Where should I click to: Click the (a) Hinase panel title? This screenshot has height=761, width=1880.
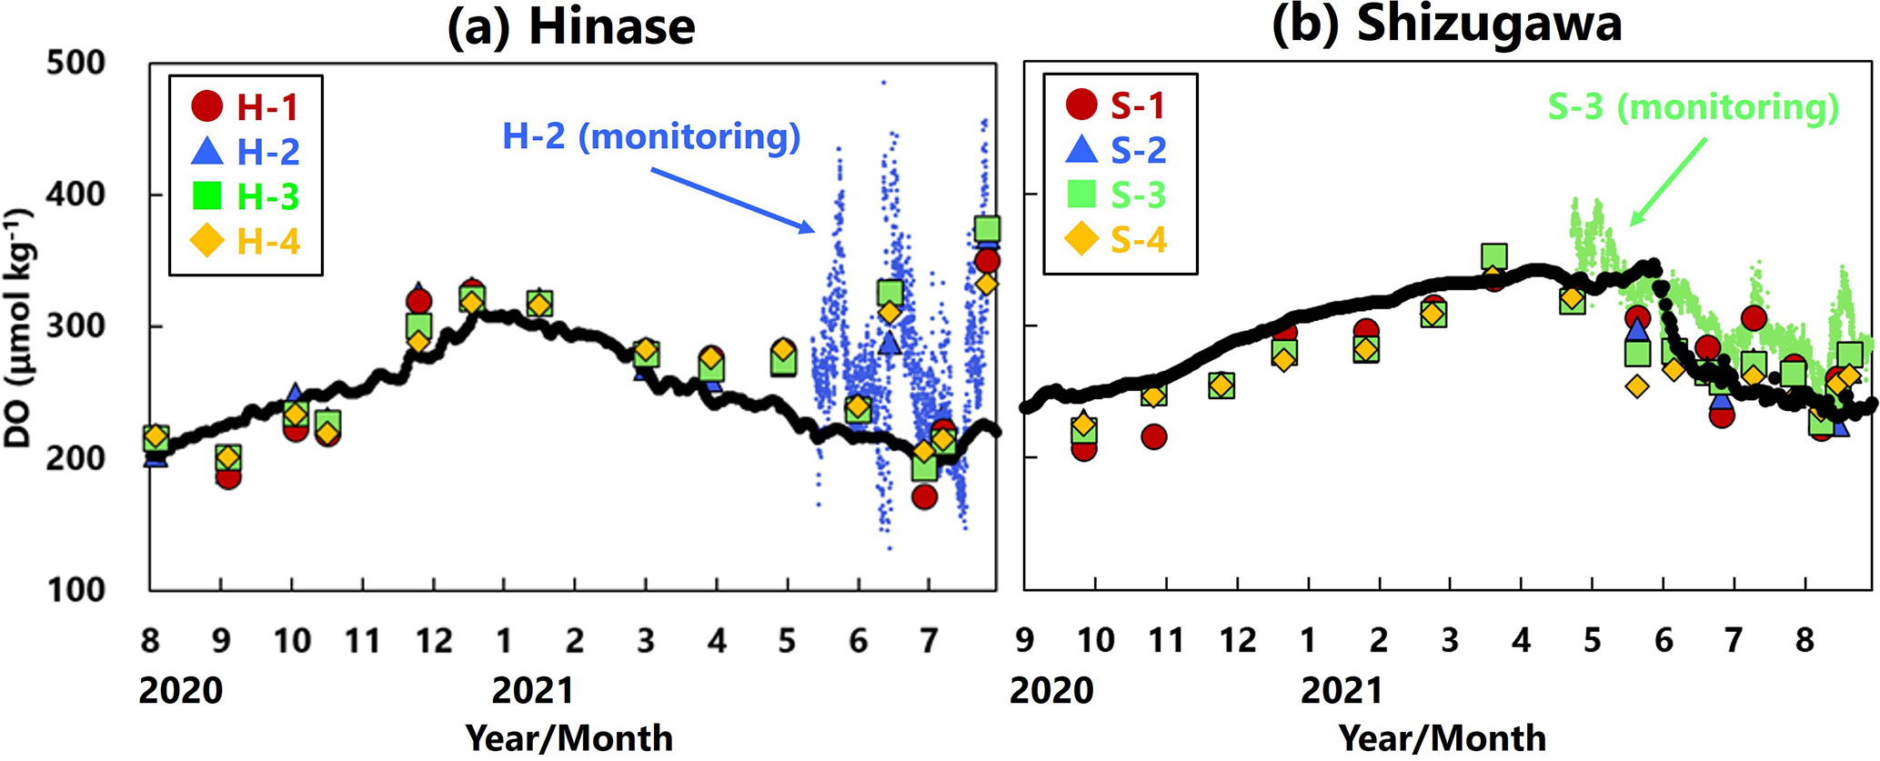coord(571,25)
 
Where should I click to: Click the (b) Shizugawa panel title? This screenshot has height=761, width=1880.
coord(1446,24)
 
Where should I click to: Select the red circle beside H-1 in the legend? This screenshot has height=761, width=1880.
coord(207,106)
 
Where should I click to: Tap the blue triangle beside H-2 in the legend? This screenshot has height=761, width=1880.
coord(207,151)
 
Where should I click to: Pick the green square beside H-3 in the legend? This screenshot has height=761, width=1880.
coord(207,195)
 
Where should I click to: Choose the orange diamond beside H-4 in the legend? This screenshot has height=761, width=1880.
coord(207,241)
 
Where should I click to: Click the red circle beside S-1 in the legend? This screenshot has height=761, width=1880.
coord(1081,105)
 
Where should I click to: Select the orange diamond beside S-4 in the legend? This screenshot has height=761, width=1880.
coord(1081,239)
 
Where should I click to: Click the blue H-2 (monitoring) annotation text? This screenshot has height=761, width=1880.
coord(651,136)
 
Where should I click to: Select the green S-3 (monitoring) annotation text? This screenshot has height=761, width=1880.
coord(1694,107)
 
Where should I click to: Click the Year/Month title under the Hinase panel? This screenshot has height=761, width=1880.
coord(569,737)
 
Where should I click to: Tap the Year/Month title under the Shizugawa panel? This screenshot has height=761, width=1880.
coord(1443,737)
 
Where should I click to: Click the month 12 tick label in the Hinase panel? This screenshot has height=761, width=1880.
coord(434,641)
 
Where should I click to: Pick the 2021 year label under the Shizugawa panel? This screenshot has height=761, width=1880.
coord(1342,690)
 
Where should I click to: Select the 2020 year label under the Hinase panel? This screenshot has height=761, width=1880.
coord(180,690)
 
